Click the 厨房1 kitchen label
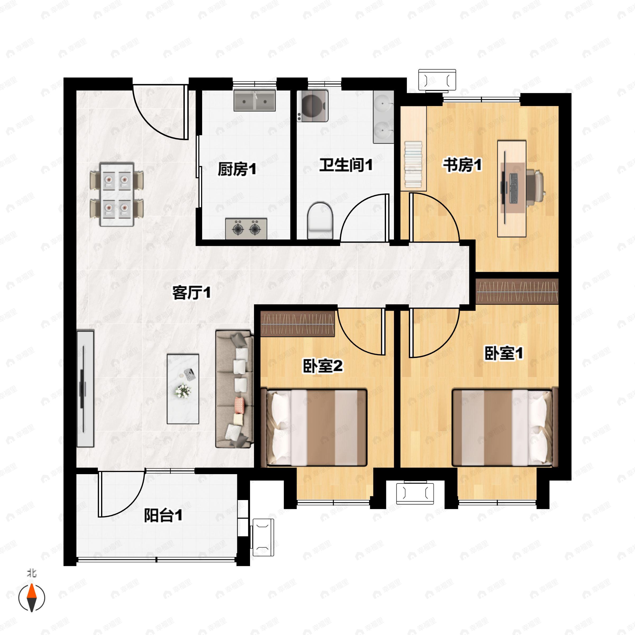pyautogui.click(x=237, y=170)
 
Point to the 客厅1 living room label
pyautogui.click(x=191, y=293)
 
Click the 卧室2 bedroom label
pyautogui.click(x=323, y=366)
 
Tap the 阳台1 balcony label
pyautogui.click(x=163, y=515)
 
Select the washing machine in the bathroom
pyautogui.click(x=312, y=106)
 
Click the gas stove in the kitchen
pyautogui.click(x=246, y=228)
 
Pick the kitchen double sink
pyautogui.click(x=255, y=101)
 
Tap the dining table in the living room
pyautogui.click(x=117, y=194)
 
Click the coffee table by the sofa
pyautogui.click(x=183, y=389)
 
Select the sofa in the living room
pyautogui.click(x=234, y=389)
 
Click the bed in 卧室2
pyautogui.click(x=314, y=427)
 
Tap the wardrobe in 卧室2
pyautogui.click(x=298, y=324)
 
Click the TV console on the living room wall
pyautogui.click(x=85, y=389)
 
